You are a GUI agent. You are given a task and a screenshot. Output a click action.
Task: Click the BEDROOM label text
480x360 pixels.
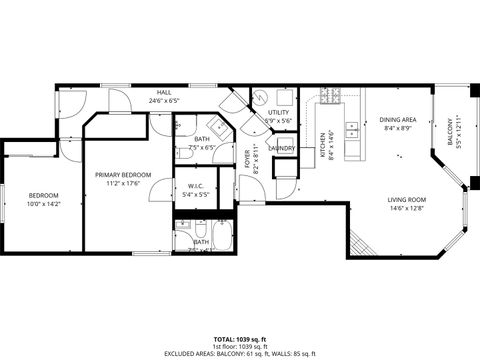43,195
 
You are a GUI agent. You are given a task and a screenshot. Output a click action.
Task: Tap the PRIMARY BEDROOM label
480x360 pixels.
123,174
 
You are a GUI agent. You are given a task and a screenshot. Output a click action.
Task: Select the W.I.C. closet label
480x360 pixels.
196,186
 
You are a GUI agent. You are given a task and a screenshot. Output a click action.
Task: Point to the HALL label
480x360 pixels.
163,92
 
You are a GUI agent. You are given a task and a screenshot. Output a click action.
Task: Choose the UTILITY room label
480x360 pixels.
278,112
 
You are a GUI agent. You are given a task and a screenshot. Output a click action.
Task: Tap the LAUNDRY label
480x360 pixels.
281,148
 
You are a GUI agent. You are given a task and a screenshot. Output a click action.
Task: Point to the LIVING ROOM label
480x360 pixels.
407,200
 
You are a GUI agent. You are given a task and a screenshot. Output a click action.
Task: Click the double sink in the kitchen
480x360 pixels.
352,130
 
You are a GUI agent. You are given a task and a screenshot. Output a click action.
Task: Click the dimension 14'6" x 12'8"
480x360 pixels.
407,209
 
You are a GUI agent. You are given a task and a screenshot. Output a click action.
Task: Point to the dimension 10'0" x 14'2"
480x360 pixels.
43,204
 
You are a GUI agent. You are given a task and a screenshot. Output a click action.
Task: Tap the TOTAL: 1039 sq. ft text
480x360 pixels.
240,340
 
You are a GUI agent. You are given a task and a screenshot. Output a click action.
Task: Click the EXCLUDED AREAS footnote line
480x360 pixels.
240,354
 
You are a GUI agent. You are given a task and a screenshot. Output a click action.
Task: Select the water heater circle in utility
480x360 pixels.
258,98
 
